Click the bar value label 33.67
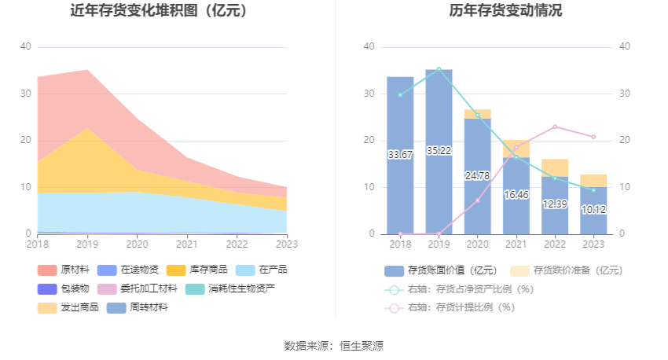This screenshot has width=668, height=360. tap(400, 155)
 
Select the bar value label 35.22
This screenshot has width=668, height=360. tap(439, 150)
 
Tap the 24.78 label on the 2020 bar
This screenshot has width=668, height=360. tap(477, 175)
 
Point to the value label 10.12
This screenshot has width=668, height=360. tap(593, 209)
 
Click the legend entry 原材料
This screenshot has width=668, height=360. tap(64, 270)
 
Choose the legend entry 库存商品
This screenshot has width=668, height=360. tap(196, 270)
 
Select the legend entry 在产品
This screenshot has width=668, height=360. tap(261, 270)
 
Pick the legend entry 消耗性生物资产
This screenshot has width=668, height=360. tap(230, 288)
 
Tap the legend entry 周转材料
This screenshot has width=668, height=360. tap(138, 307)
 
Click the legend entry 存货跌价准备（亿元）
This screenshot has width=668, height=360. tap(567, 270)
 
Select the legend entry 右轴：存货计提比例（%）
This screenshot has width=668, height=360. tap(450, 307)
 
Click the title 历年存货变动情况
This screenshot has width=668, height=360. tap(505, 10)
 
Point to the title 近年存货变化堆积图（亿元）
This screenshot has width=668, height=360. tap(159, 10)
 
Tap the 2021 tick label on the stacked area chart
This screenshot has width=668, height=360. tap(186, 244)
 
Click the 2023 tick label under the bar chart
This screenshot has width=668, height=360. tap(593, 244)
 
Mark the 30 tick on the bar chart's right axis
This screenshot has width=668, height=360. tap(624, 94)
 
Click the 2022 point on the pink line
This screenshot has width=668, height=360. tap(555, 127)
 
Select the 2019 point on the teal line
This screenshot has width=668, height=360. tap(439, 69)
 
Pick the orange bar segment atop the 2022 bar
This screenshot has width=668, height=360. tap(555, 168)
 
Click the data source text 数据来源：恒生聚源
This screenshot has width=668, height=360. tap(334, 346)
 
